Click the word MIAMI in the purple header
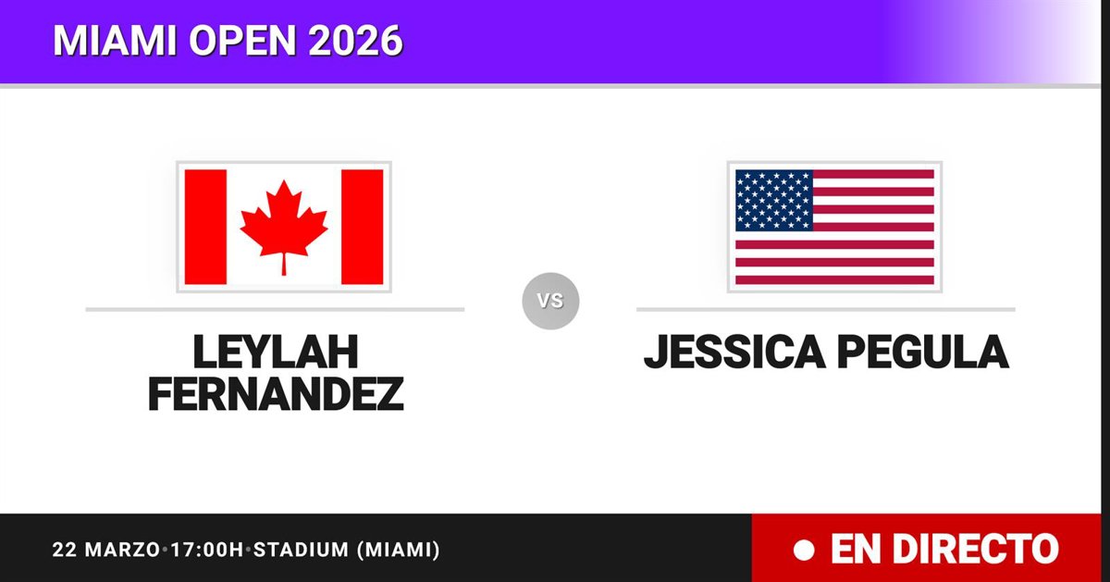115,40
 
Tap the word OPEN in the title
242,40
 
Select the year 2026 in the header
355,40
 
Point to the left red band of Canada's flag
205,227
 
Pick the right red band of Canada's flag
363,227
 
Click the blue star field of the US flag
774,200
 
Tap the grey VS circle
550,301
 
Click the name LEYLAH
276,352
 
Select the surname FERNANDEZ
276,394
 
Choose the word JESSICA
734,352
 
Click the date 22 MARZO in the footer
106,550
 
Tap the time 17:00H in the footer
207,550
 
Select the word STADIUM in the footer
302,550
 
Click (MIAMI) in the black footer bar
399,550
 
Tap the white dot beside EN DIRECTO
804,550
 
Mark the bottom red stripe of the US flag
835,280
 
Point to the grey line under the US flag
826,309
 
